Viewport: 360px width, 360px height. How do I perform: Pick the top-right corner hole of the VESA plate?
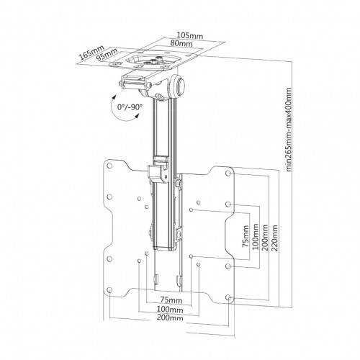228,173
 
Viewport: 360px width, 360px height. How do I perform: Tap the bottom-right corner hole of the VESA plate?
228,297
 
